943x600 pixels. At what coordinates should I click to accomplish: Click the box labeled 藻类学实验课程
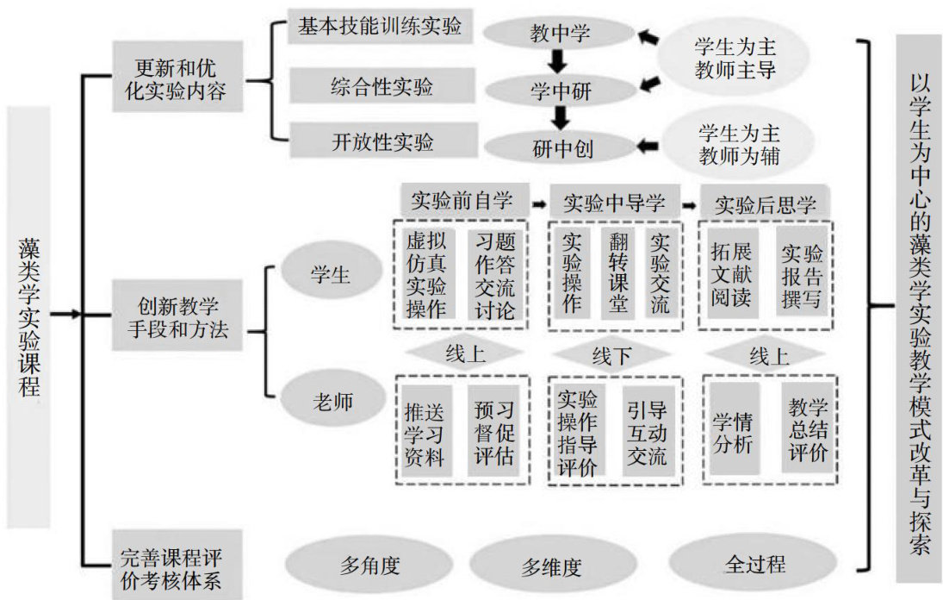pos(28,316)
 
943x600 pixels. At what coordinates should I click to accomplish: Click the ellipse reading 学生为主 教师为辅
pos(737,146)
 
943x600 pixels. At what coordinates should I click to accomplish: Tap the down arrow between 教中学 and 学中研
pos(559,61)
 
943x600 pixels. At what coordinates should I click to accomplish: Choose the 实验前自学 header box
pos(463,202)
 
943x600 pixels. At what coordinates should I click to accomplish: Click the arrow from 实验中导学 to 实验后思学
pos(690,204)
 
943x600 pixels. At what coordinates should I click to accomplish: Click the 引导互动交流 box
pos(646,433)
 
